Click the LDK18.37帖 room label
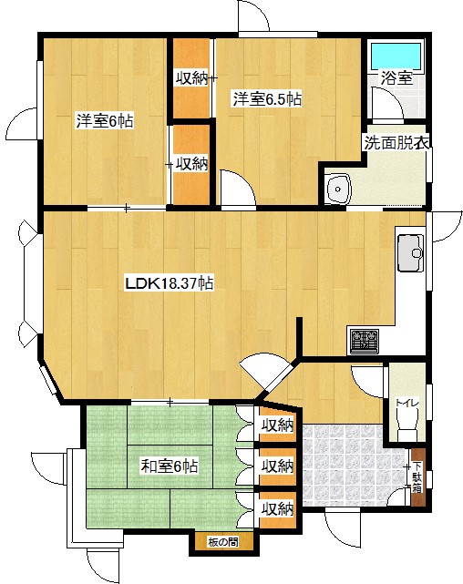pyautogui.click(x=170, y=284)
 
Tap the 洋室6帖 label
pyautogui.click(x=105, y=121)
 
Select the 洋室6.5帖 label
pyautogui.click(x=267, y=99)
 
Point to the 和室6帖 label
pyautogui.click(x=170, y=466)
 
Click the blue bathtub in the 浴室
pyautogui.click(x=396, y=56)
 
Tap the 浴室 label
pyautogui.click(x=396, y=78)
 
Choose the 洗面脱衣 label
pyautogui.click(x=396, y=143)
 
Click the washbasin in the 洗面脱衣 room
pyautogui.click(x=338, y=189)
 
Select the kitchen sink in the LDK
pyautogui.click(x=411, y=253)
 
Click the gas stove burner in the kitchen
pyautogui.click(x=364, y=341)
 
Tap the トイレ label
pyautogui.click(x=407, y=403)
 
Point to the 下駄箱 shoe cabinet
pyautogui.click(x=417, y=477)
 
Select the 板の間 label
pyautogui.click(x=223, y=542)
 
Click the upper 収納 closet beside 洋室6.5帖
pyautogui.click(x=191, y=78)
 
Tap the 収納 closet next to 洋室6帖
pyautogui.click(x=191, y=164)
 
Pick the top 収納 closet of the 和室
pyautogui.click(x=277, y=425)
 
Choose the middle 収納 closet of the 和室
pyautogui.click(x=277, y=466)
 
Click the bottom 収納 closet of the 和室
pyautogui.click(x=277, y=509)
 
